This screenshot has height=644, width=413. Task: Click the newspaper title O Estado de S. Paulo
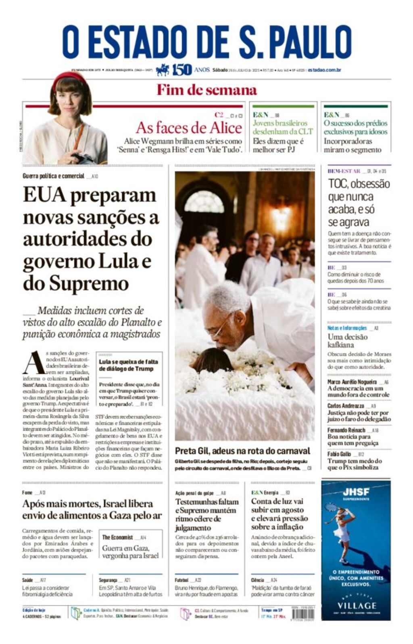[206, 42]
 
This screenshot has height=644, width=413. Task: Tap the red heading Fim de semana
[206, 90]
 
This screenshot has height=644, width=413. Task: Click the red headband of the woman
[69, 76]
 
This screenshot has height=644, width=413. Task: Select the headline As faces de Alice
[189, 128]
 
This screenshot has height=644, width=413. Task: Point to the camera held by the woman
[83, 158]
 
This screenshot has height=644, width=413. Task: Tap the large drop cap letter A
[33, 363]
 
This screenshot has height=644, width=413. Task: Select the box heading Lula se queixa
[128, 365]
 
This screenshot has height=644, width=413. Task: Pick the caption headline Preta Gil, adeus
[242, 451]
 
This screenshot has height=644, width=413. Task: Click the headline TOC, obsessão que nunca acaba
[358, 203]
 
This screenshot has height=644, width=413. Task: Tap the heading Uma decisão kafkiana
[347, 341]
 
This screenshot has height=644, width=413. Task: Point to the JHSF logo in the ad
[356, 492]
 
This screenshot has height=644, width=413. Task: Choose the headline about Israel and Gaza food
[92, 510]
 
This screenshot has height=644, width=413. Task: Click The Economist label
[117, 537]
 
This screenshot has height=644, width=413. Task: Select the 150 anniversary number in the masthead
[181, 70]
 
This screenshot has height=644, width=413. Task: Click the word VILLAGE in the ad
[357, 606]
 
